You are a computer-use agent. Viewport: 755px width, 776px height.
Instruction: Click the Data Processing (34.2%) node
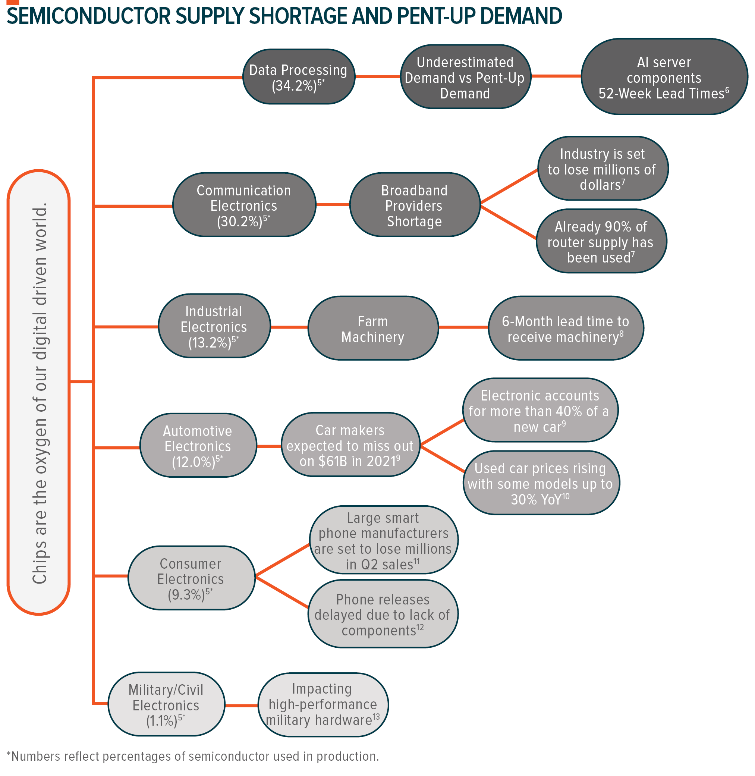tap(298, 77)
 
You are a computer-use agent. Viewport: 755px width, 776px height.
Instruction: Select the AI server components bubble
tap(664, 77)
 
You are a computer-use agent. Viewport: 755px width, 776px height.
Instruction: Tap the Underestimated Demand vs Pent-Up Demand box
tap(465, 77)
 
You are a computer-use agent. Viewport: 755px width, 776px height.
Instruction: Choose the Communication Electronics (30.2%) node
tap(244, 205)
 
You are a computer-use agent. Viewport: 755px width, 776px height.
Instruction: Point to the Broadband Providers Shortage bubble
tap(414, 205)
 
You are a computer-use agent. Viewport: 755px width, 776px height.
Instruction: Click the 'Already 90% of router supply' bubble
tap(601, 242)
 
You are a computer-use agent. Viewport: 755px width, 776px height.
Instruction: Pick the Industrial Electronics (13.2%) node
tap(214, 326)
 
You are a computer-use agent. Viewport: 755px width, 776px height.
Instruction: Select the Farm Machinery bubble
tap(373, 328)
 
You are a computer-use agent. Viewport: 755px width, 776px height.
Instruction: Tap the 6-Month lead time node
tap(566, 328)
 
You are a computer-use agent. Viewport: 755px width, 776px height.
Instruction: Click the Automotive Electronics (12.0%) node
tap(198, 446)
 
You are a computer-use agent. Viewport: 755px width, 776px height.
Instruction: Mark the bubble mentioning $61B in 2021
tap(350, 445)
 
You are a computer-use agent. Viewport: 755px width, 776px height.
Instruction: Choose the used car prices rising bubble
tap(541, 483)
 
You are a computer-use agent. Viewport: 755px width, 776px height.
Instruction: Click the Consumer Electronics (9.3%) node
tap(191, 578)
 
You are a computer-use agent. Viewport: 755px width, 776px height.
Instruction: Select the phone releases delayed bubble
tap(383, 614)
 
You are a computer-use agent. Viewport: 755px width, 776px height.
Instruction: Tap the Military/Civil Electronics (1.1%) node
tap(166, 705)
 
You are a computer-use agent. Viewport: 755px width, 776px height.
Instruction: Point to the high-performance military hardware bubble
tap(323, 705)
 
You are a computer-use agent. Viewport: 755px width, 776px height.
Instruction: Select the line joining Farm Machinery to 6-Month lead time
tap(463, 327)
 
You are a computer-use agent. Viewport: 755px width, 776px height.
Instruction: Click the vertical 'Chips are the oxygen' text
tap(39, 393)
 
